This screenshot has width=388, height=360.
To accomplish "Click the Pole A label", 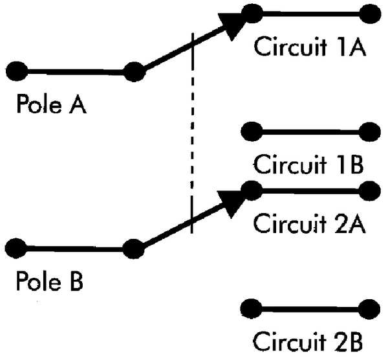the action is [x=52, y=104].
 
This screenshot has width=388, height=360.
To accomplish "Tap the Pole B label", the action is [x=50, y=281].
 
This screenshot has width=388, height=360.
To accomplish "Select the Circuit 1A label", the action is [x=310, y=47].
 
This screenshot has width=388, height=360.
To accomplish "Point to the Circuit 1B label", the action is [x=308, y=164].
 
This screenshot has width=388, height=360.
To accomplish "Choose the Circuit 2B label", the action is [x=308, y=341].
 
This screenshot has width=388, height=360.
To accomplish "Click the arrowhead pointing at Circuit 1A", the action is [x=231, y=25].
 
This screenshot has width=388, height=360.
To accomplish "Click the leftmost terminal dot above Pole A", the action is [x=17, y=71].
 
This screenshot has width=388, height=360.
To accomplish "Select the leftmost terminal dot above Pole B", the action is [x=16, y=248].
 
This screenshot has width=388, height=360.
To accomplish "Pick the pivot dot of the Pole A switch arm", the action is [x=134, y=72].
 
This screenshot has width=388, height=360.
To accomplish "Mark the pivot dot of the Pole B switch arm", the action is [x=134, y=249].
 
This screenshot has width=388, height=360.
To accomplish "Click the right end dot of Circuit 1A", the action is [x=370, y=14].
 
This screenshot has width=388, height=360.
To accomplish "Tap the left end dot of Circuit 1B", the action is [x=252, y=131].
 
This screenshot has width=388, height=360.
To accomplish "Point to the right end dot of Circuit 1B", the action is [x=370, y=132].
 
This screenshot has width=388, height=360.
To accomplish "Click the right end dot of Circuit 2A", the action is [x=369, y=191].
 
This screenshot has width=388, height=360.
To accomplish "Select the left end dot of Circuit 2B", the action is [x=252, y=309].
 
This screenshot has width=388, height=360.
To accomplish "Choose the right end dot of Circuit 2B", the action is [x=369, y=309].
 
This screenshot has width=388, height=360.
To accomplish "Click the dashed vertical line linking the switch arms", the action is [x=192, y=133].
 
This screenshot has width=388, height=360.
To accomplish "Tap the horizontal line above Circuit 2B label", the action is [x=310, y=309].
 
